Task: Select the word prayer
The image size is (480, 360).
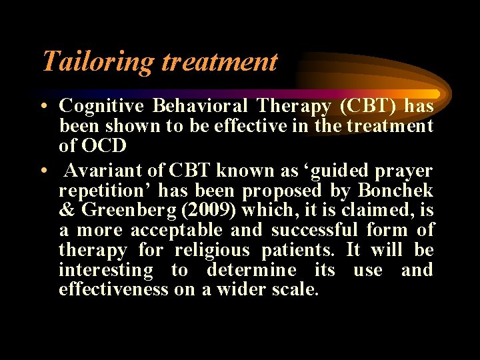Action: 405,171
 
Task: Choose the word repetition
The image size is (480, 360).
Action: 105,191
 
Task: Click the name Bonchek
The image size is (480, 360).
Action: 395,191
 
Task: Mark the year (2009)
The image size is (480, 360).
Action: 211,211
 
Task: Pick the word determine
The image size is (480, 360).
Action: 251,270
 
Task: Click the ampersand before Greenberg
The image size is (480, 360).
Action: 67,211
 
